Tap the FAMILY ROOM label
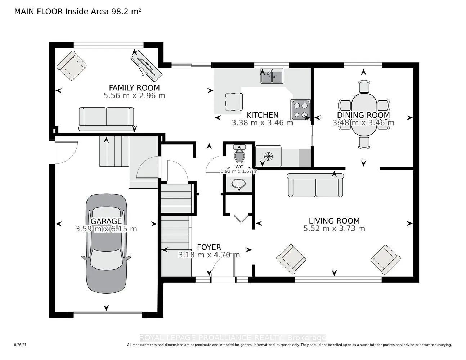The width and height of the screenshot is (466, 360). pos(134,87)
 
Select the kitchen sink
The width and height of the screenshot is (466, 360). pos(272,76)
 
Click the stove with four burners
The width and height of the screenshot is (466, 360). pos(300,110)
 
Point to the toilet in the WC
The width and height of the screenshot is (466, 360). pos(239,155)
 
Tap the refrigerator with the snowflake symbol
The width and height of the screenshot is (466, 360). pos(268,157)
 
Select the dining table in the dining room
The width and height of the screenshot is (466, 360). pos(364,114)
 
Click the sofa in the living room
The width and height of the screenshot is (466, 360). pos(316,185)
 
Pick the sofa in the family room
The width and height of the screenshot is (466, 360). pos(106,119)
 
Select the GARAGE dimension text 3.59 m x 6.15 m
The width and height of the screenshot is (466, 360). pos(106,229)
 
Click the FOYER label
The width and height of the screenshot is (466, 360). pos(209,247)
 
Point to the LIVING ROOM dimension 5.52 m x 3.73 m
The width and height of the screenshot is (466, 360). pos(334,229)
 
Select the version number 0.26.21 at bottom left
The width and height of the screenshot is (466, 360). pos(21,345)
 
